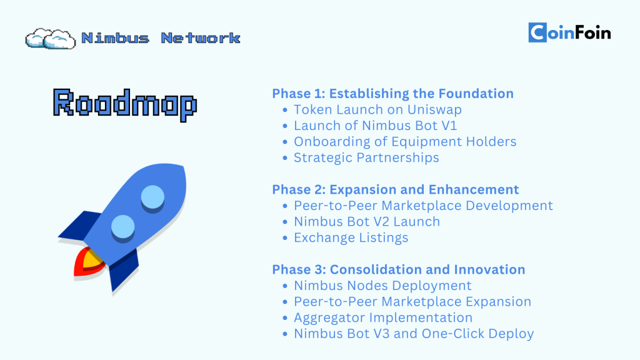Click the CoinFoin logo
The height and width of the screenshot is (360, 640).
[x=569, y=32]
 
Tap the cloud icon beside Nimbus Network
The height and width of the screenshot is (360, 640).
[x=50, y=39]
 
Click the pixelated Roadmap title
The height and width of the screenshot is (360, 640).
[x=125, y=104]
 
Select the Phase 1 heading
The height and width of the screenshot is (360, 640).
[x=392, y=94]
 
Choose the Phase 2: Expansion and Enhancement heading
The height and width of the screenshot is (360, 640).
[x=396, y=189]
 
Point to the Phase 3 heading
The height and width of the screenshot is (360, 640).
[x=398, y=269]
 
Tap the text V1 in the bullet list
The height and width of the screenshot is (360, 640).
[x=449, y=126]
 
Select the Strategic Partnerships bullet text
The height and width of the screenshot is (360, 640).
[x=366, y=157]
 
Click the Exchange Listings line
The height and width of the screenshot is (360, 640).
[x=351, y=237]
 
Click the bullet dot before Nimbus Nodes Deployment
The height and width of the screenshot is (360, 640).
[x=285, y=286]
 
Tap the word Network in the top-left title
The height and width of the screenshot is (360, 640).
[x=201, y=38]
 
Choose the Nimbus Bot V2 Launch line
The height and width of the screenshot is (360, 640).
[x=366, y=222]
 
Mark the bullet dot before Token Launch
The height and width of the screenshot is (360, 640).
[x=285, y=110]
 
